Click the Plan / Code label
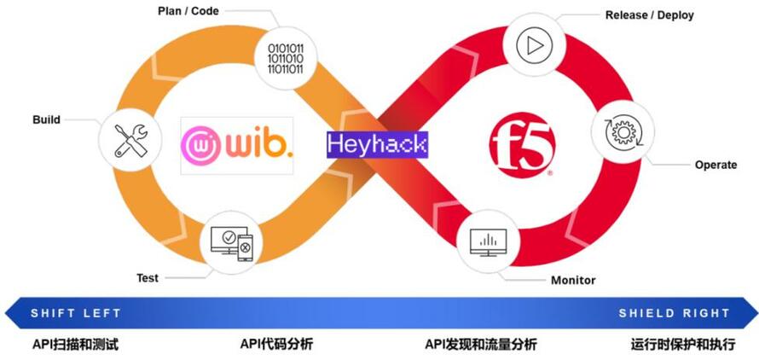[188, 11]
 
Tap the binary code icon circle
[292, 53]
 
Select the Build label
[46, 119]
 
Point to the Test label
[148, 278]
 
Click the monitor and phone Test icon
[231, 243]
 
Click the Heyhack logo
[376, 144]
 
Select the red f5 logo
[522, 145]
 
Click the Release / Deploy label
[649, 15]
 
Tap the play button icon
[533, 45]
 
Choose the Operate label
[716, 165]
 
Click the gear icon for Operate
[622, 133]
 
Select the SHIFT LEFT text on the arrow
[76, 313]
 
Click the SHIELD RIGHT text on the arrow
[674, 313]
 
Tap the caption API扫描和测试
[75, 345]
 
